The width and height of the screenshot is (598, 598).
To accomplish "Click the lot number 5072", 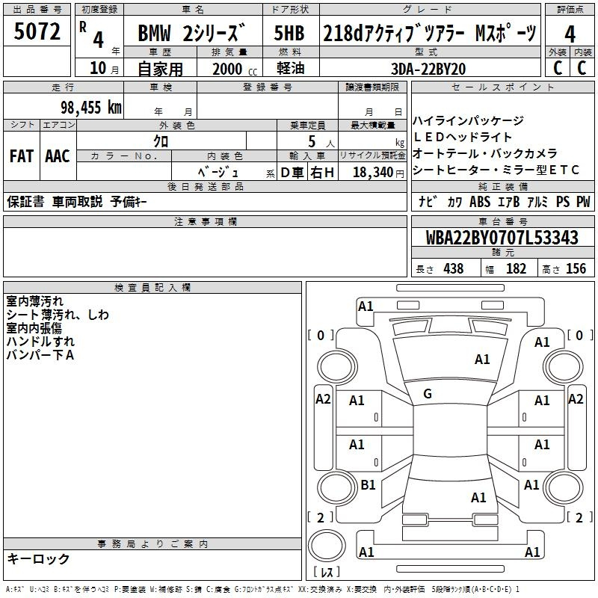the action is click(x=37, y=31).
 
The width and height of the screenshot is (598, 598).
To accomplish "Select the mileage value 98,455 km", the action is click(x=91, y=107).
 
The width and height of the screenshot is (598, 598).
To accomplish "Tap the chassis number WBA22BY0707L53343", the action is click(x=502, y=237).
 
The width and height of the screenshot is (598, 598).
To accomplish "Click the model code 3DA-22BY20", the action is click(x=428, y=69).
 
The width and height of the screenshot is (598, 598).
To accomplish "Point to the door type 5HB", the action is click(x=289, y=33).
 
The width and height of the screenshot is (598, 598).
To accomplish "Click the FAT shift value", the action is click(x=22, y=156).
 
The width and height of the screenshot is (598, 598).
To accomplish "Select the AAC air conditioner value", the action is click(x=58, y=156).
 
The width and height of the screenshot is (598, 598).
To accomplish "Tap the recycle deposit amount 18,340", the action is click(x=373, y=172).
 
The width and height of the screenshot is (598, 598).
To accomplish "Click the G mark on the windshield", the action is click(x=428, y=394).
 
